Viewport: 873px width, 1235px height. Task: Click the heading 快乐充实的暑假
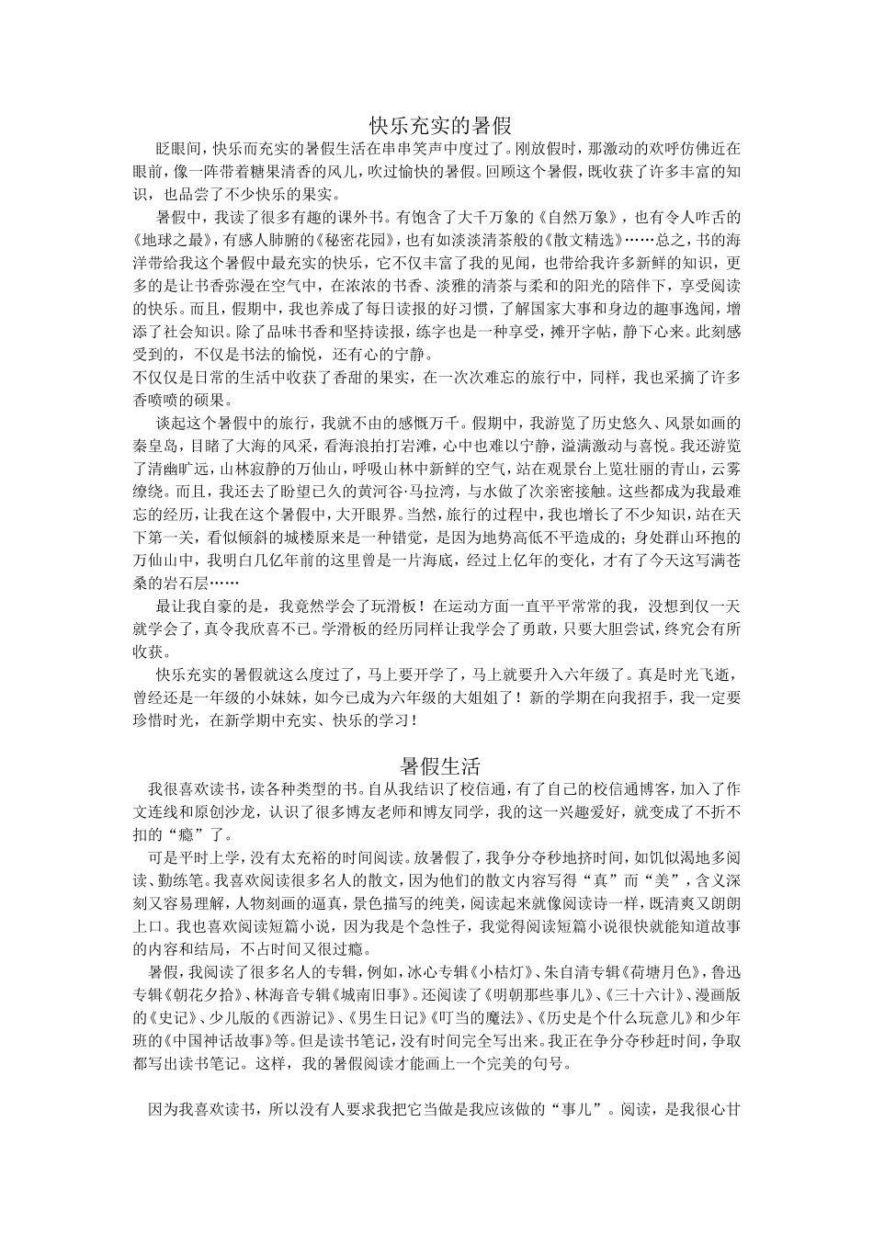[x=440, y=124]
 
